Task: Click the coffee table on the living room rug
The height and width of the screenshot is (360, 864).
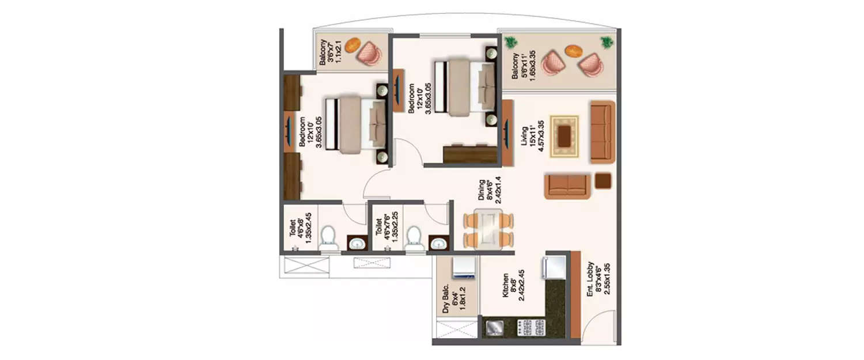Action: click(564, 136)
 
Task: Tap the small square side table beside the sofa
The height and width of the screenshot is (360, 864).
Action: click(604, 181)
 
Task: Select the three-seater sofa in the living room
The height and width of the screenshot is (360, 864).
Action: click(603, 132)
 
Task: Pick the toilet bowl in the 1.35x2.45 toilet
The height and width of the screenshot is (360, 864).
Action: click(329, 238)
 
